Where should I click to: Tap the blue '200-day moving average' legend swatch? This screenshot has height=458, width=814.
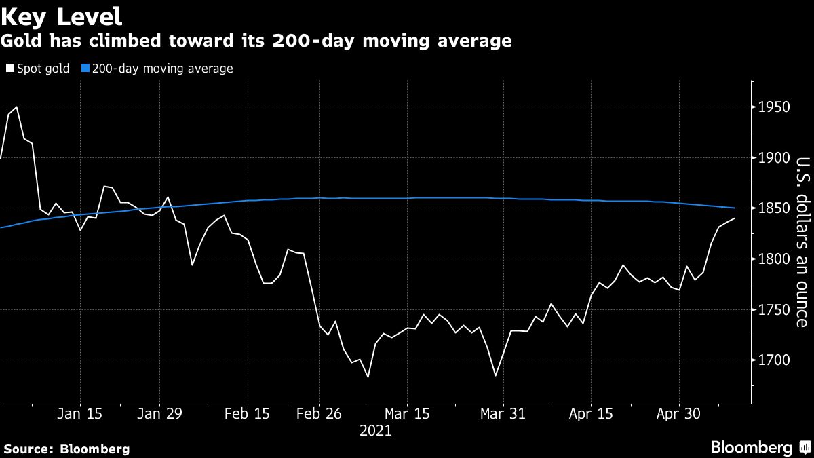(85, 69)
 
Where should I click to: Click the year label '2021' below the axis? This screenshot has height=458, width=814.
(375, 430)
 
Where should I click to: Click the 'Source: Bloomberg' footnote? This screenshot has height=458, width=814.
(66, 449)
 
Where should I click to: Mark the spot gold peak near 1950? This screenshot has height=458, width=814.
(16, 107)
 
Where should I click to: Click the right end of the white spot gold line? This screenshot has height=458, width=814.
(735, 218)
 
